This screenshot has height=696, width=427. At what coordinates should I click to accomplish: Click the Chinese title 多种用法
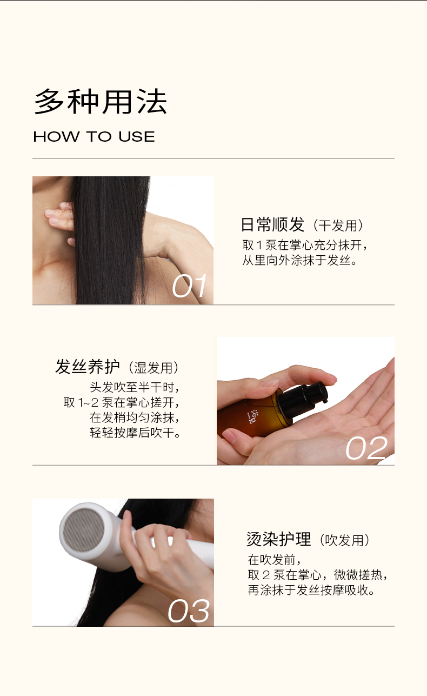click(x=101, y=102)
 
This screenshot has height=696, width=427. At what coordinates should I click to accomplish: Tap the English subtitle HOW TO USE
click(x=94, y=137)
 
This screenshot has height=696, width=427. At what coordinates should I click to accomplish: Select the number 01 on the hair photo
click(x=189, y=286)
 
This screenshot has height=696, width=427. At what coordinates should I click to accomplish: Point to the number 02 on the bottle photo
click(x=366, y=448)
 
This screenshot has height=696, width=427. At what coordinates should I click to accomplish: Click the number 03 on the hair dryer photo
click(x=189, y=611)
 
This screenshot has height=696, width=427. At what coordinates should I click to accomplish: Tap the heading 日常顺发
click(x=272, y=224)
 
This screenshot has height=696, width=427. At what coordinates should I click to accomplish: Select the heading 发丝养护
click(x=88, y=367)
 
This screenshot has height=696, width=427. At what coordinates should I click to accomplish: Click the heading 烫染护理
click(x=278, y=539)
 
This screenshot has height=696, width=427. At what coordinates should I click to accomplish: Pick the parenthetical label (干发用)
click(x=338, y=226)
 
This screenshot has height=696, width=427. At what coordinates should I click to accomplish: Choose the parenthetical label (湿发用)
click(x=154, y=368)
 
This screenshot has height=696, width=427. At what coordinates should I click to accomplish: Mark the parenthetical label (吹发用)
click(x=345, y=540)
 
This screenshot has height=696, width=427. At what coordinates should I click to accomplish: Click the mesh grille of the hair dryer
click(x=84, y=530)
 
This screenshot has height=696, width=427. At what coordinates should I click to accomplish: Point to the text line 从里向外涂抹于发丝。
click(x=299, y=260)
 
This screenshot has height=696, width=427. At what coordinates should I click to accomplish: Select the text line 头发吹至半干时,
click(x=135, y=387)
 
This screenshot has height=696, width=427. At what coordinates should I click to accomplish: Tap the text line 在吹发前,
click(x=275, y=560)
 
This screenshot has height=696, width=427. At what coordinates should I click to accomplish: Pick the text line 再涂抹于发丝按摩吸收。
click(x=311, y=590)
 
